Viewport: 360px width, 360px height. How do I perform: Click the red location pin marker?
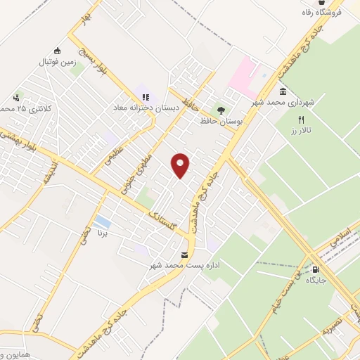pyautogui.click(x=181, y=165)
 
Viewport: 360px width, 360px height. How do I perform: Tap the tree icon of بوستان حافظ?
pyautogui.click(x=221, y=110)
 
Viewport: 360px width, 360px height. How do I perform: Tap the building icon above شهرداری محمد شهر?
pyautogui.click(x=283, y=92)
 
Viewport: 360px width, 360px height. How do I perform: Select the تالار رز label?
pyautogui.click(x=302, y=131)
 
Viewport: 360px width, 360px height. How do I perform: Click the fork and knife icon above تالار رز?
pyautogui.click(x=302, y=120)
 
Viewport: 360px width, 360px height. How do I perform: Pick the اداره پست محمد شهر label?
pyautogui.click(x=185, y=265)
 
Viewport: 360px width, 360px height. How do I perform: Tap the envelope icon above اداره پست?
pyautogui.click(x=185, y=254)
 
